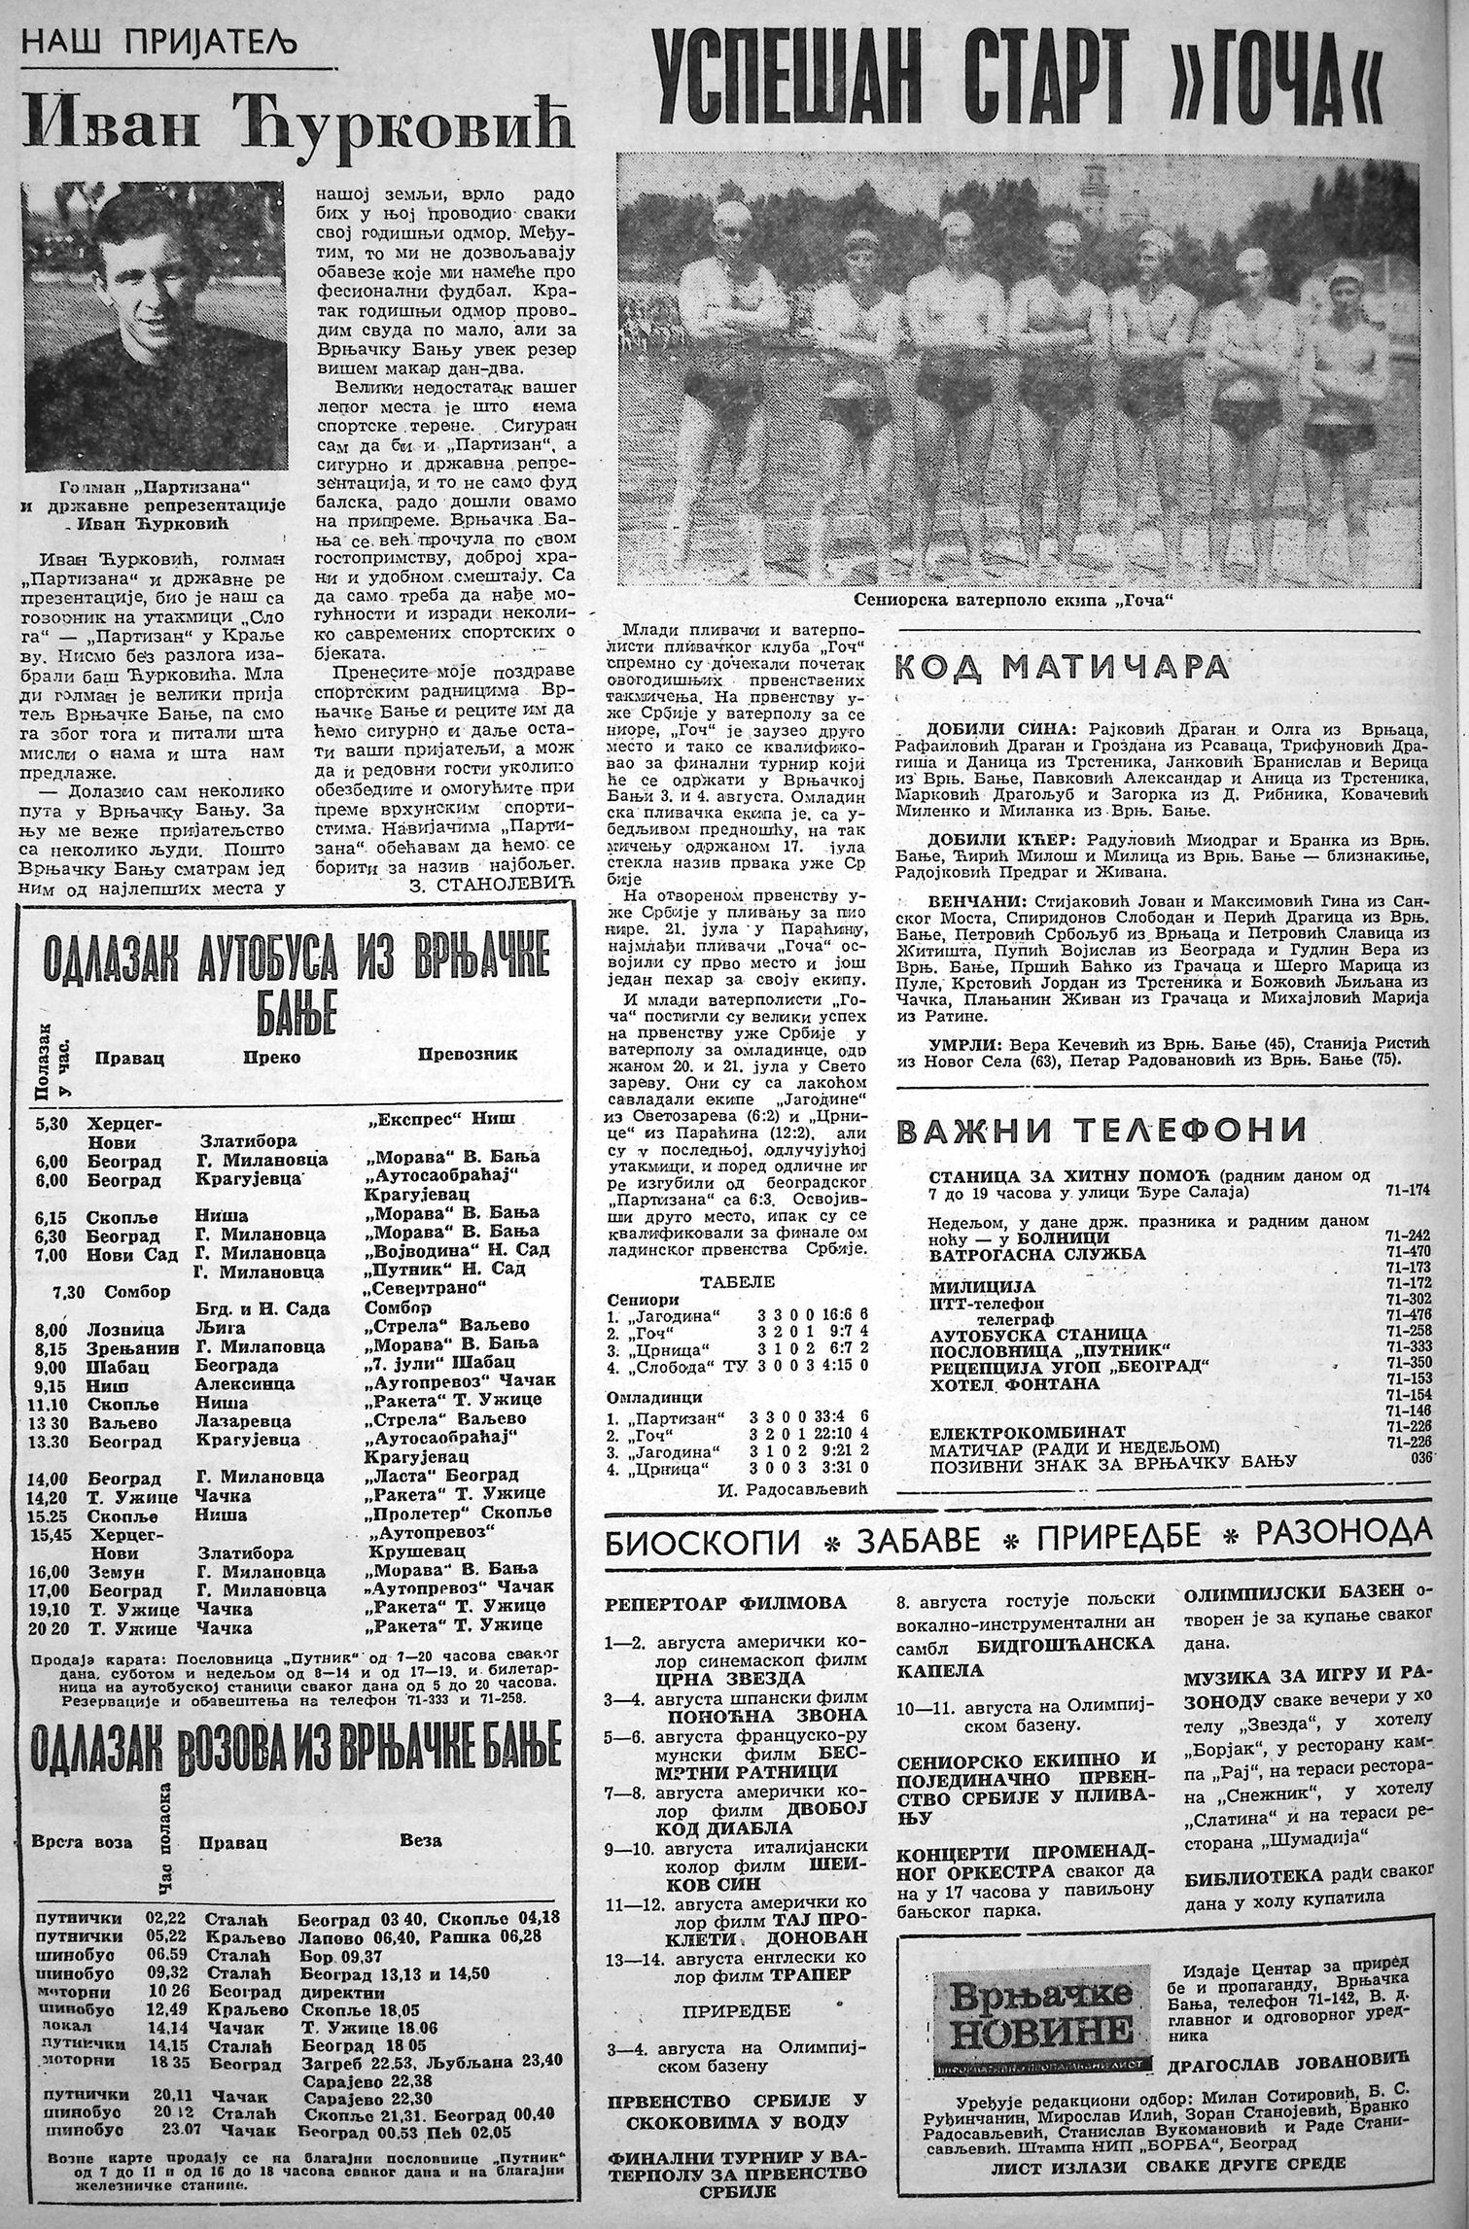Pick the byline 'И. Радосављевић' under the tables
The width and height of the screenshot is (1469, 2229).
[x=806, y=1489]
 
